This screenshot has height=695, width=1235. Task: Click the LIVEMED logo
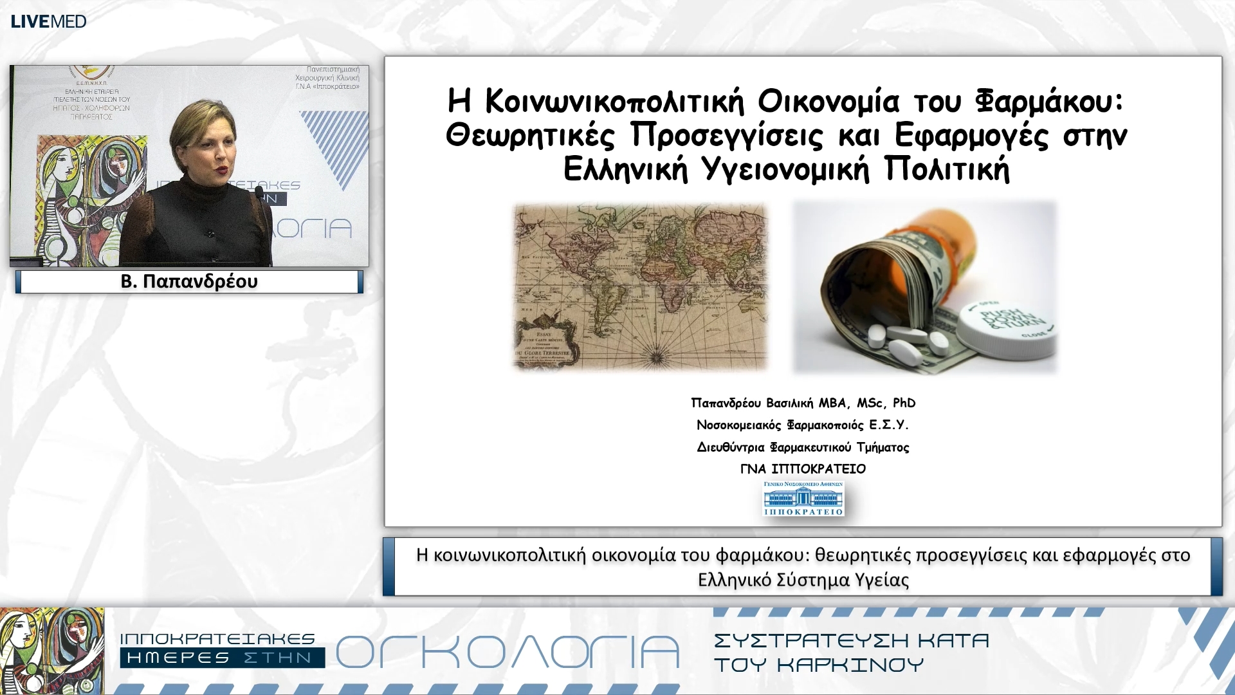point(48,21)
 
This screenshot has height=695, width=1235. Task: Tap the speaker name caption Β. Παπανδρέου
point(189,282)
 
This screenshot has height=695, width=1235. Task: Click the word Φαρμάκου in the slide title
point(1048,102)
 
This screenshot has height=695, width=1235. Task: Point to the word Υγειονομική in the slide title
point(785,170)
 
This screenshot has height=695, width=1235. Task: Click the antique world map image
point(641,287)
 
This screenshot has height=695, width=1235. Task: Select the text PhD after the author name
point(904,403)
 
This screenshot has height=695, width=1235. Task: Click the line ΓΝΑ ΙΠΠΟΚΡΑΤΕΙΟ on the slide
point(803,469)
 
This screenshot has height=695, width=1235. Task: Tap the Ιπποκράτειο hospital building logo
point(803,499)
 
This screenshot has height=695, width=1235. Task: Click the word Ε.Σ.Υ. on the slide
point(888,425)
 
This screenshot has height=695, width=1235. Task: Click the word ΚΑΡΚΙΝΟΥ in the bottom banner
point(850,665)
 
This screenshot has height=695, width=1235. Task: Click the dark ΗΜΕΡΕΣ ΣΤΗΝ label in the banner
point(221,658)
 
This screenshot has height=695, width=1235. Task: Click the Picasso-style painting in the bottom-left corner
point(52,650)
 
